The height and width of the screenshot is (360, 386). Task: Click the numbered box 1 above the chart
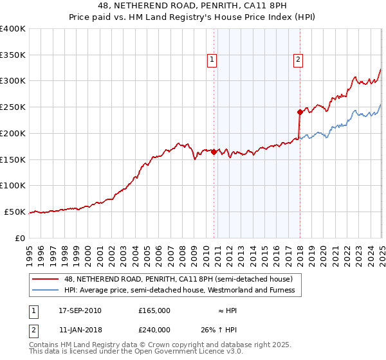click(212, 60)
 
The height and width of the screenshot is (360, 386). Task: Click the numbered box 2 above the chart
click(299, 60)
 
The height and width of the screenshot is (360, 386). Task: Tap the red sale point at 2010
click(214, 152)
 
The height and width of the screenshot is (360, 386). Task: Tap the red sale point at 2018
click(300, 112)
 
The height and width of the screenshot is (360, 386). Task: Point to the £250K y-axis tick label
click(13, 107)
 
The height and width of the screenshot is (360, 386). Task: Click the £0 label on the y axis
click(20, 238)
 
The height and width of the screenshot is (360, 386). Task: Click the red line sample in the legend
click(46, 279)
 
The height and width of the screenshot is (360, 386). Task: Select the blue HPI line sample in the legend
click(46, 290)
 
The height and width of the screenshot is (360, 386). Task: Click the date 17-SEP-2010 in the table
click(80, 310)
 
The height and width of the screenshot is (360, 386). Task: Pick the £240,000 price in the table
click(154, 330)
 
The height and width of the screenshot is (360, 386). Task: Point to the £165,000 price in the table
click(154, 310)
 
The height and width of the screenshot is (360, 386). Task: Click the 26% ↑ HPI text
click(219, 330)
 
